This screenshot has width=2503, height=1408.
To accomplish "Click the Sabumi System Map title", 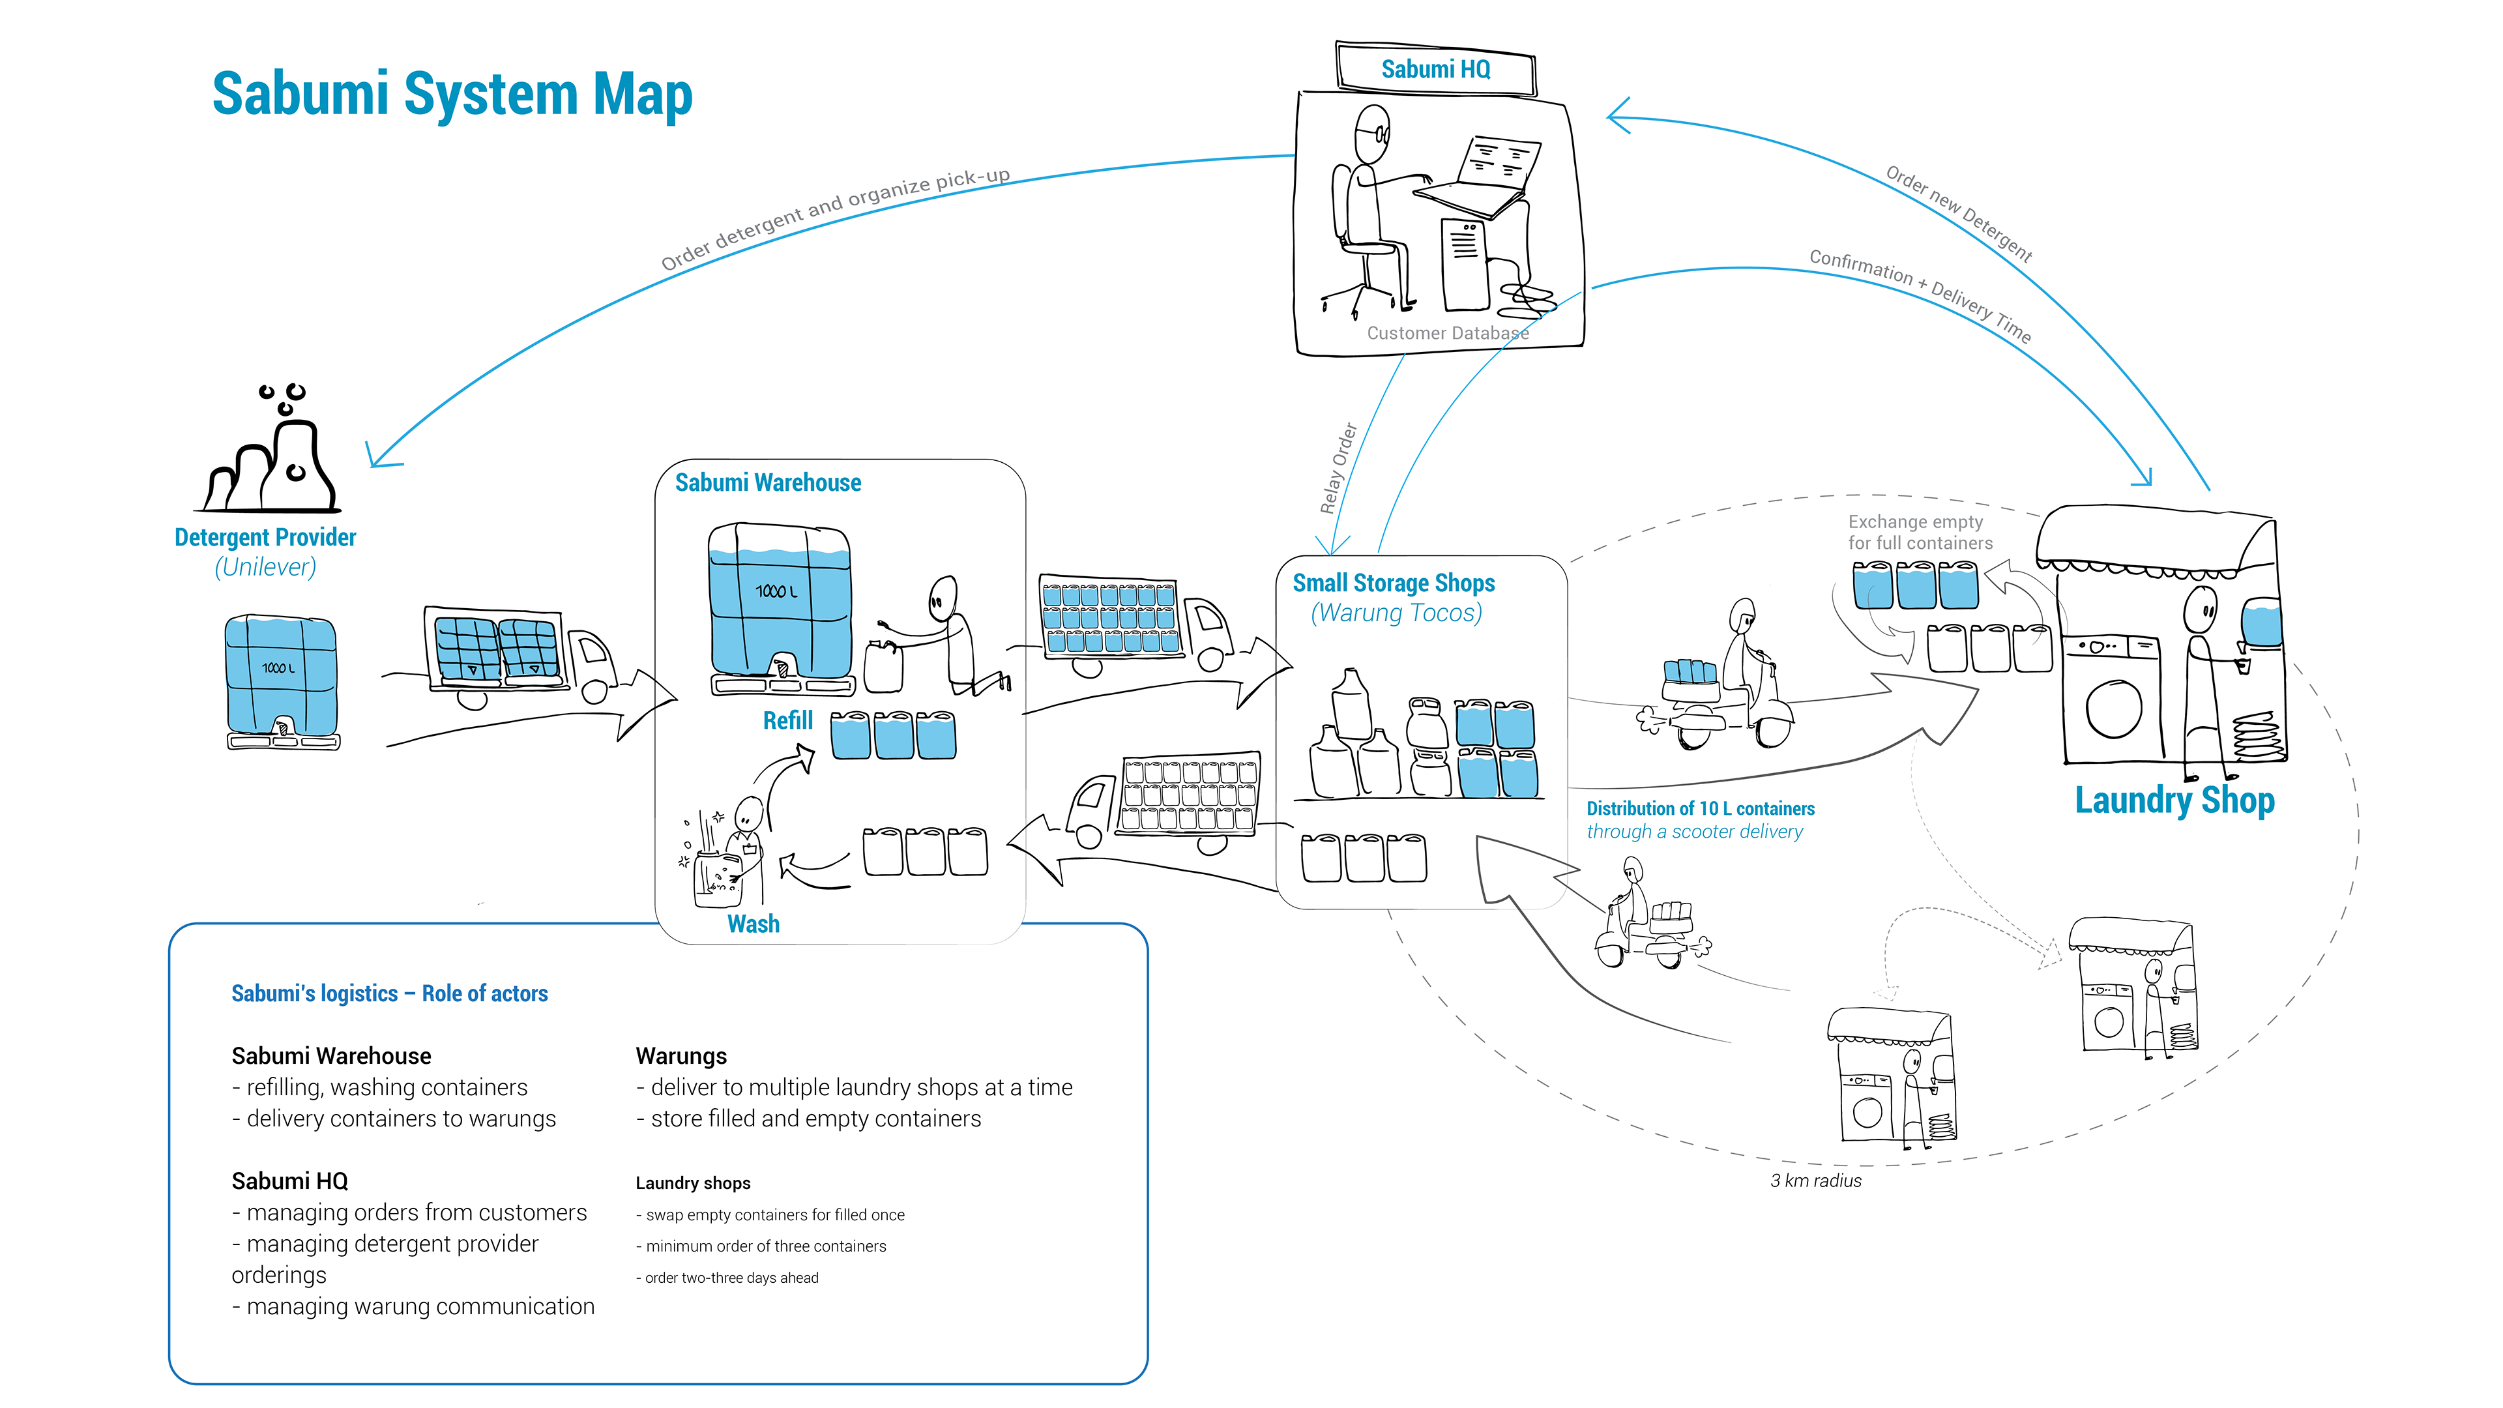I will coord(452,95).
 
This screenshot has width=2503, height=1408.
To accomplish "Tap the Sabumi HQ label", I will coord(1435,70).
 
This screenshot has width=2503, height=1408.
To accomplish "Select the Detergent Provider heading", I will coord(265,537).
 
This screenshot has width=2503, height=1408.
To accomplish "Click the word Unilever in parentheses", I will coord(265,568).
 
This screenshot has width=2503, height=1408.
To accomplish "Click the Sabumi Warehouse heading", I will coord(768,483).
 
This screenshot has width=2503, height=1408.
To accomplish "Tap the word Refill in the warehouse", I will coord(787,721).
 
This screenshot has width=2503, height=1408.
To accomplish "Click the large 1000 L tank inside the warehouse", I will coord(780,602).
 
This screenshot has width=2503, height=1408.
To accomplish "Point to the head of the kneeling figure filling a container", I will coord(941,594).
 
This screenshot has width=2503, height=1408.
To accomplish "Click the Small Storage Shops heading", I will coord(1394,583).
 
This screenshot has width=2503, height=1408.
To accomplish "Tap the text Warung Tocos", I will coord(1396,613).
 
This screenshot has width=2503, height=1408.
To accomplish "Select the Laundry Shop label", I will coord(2174,800).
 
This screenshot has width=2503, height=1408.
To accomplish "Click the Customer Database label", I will coord(1448,333).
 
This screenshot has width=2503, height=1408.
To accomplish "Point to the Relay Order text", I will coord(1338,469).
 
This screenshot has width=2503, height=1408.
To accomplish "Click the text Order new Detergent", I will coord(1959,214).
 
